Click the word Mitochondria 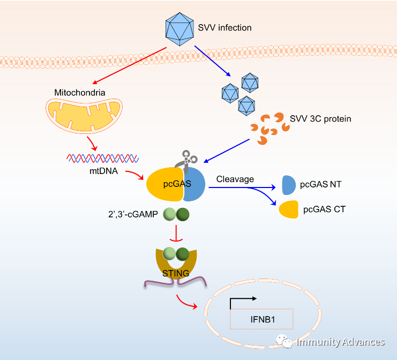coord(80,93)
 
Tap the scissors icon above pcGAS coord(188,159)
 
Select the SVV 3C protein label coord(320,118)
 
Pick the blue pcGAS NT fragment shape coord(288,185)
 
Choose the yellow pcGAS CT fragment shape coord(288,209)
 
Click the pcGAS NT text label coord(320,185)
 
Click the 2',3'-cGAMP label coord(133,215)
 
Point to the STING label coord(175,273)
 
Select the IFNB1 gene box coord(262,319)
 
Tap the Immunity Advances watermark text coord(341,342)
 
